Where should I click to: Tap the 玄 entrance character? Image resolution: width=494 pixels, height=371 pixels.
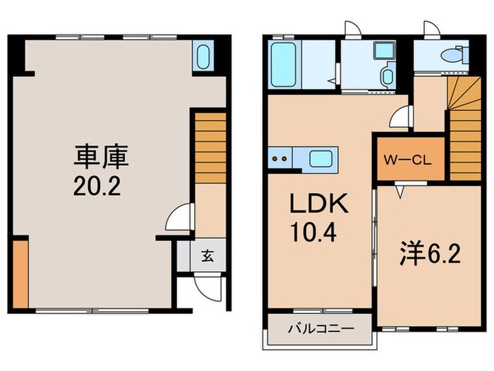click(x=210, y=256)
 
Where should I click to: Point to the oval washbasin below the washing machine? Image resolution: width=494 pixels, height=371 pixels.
click(x=387, y=76)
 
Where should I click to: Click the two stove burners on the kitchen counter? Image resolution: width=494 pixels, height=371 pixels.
click(x=279, y=158)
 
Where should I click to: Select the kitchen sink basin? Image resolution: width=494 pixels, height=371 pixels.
click(x=323, y=158)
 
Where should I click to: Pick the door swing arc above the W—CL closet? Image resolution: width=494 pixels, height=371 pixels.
click(x=399, y=117)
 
